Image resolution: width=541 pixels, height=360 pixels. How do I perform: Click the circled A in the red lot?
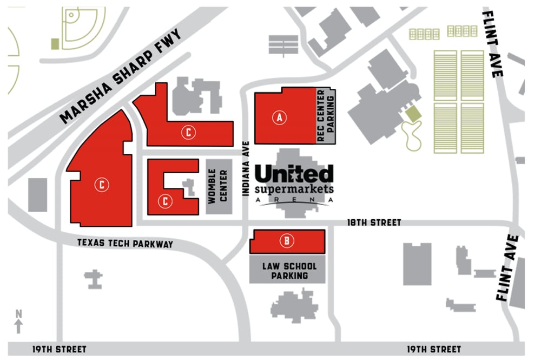[x=279, y=116]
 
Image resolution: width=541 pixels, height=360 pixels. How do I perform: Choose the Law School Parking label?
[x=287, y=271]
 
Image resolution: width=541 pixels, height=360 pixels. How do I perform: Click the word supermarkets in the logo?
[x=294, y=189]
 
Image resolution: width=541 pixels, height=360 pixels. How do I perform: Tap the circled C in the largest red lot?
[x=102, y=184]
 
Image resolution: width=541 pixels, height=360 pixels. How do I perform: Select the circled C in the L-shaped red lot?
[x=188, y=131]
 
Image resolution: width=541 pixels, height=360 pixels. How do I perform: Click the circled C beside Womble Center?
[x=166, y=201]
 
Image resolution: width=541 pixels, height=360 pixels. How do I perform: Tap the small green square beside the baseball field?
[x=54, y=43]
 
